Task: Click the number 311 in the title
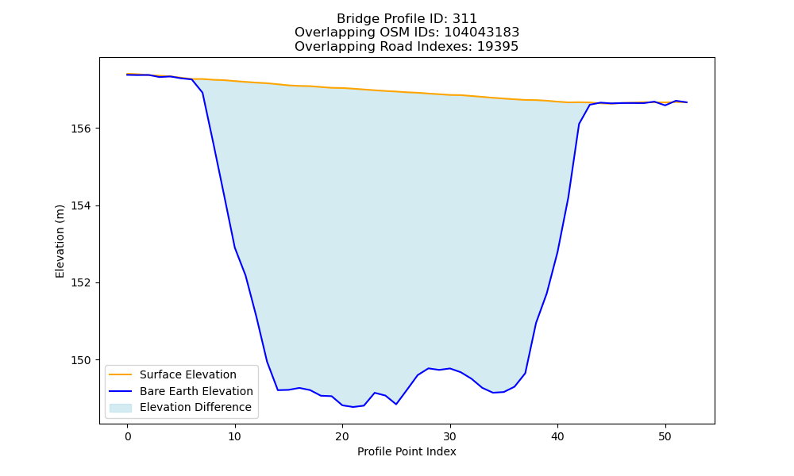(x=464, y=19)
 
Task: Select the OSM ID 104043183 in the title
(x=482, y=33)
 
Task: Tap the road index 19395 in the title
(x=498, y=47)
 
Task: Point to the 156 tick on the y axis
(x=80, y=129)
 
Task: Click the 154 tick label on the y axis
(x=80, y=206)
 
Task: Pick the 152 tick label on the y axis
(x=80, y=282)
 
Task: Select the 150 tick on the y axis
(x=80, y=360)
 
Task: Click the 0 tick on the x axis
(x=128, y=436)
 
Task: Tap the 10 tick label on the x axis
(x=235, y=436)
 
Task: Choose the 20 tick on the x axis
(x=342, y=436)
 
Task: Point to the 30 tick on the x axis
(x=450, y=436)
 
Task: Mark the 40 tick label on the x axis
(x=557, y=436)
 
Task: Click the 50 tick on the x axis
(x=665, y=436)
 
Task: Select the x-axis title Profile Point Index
(x=407, y=451)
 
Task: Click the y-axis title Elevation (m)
(x=60, y=241)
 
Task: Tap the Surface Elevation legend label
(x=188, y=374)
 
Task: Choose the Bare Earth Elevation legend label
(x=196, y=391)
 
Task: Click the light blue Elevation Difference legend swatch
(x=121, y=408)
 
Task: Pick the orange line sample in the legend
(x=121, y=374)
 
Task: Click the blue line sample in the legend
(x=121, y=391)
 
